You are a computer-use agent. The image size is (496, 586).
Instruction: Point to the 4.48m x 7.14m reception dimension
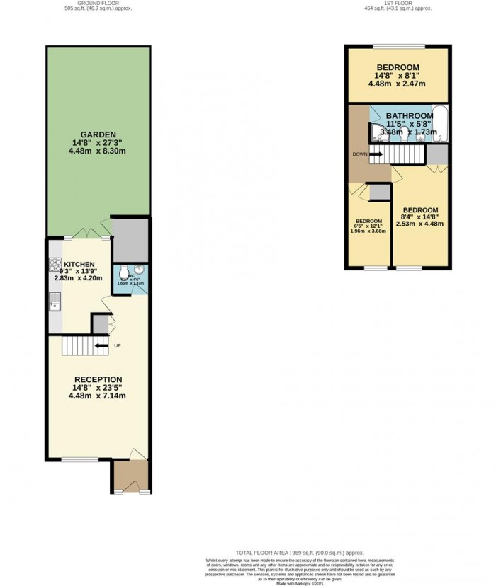(97, 396)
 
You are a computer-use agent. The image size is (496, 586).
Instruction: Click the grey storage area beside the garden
(130, 241)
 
